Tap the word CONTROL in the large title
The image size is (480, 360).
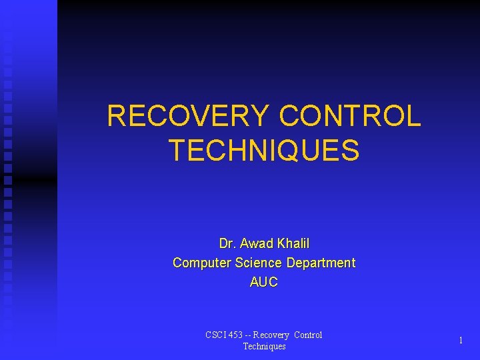(x=350, y=117)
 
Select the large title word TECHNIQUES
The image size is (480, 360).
(x=264, y=150)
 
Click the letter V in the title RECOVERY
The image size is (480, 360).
(x=204, y=117)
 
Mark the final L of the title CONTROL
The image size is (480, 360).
(x=413, y=117)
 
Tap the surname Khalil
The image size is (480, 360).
(x=293, y=243)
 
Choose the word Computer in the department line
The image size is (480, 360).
(x=199, y=263)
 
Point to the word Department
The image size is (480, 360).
(x=323, y=263)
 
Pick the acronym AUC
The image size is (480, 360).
(x=264, y=282)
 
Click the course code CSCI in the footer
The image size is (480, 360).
(x=215, y=335)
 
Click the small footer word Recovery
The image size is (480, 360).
(x=271, y=335)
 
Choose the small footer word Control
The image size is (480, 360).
(x=308, y=335)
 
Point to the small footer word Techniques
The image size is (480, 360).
(x=264, y=346)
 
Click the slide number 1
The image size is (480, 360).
(x=461, y=341)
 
